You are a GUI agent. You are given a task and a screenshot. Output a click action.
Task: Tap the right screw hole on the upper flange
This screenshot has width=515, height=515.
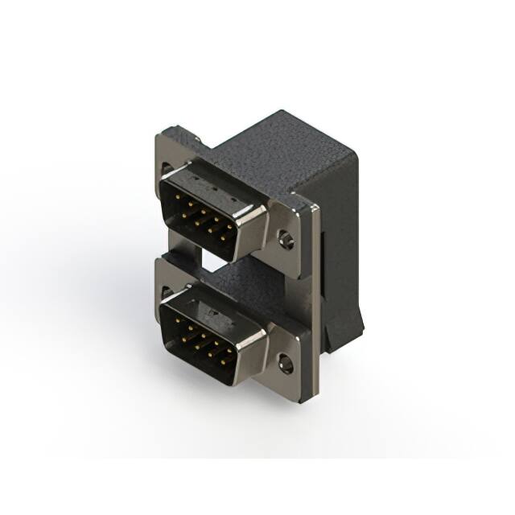pyautogui.click(x=286, y=239)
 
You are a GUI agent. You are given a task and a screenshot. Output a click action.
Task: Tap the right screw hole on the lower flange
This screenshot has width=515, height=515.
pyautogui.click(x=286, y=364)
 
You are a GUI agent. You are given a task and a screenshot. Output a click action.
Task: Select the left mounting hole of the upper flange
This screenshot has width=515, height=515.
pyautogui.click(x=167, y=170)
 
